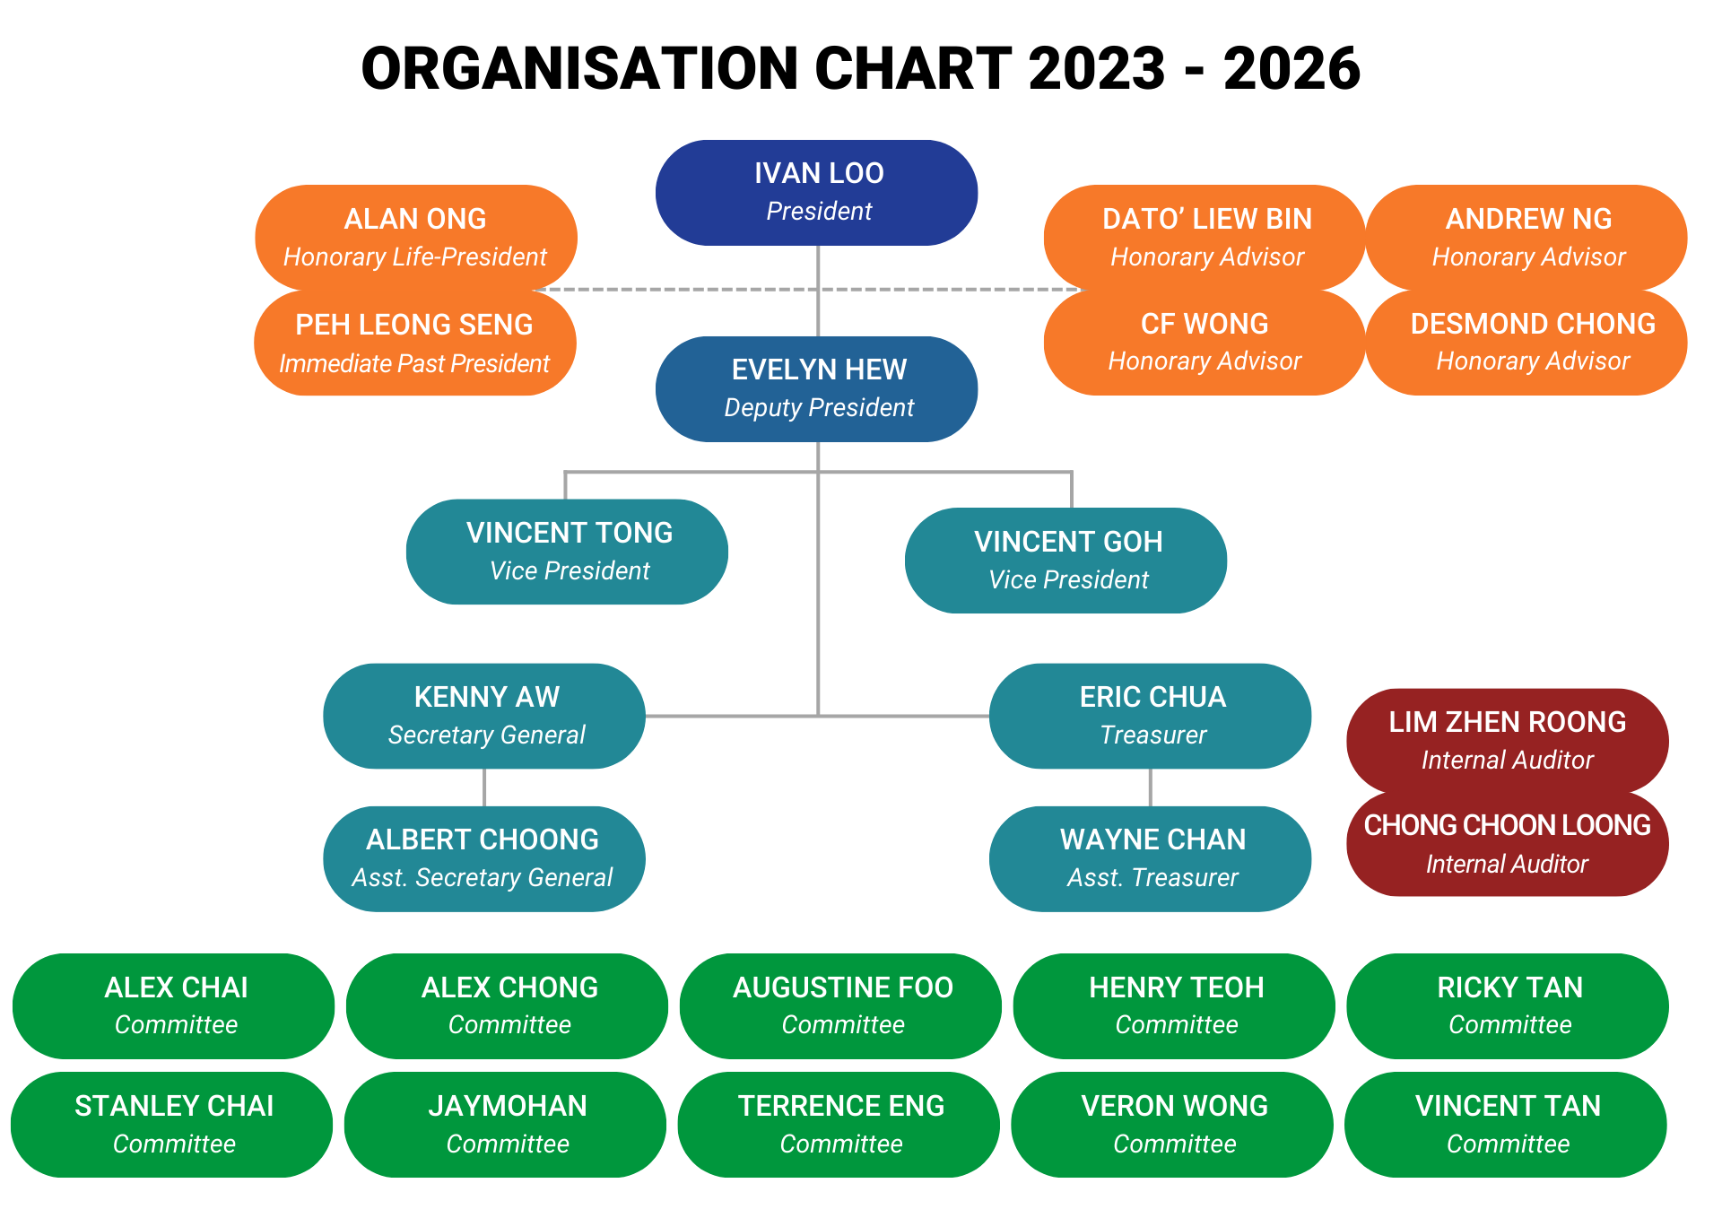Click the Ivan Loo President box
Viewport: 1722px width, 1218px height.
[817, 192]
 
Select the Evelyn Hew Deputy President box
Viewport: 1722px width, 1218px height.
[817, 388]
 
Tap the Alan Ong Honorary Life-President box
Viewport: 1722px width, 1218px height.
[415, 237]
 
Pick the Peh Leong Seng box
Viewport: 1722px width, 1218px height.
[414, 344]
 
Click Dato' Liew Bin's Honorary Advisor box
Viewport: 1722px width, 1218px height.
[1205, 237]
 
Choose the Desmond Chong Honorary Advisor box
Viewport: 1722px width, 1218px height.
[1529, 342]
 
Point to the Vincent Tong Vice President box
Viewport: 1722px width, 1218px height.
[567, 552]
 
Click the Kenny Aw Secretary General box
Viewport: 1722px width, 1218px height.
[484, 716]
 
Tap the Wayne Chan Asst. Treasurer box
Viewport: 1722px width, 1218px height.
[1151, 858]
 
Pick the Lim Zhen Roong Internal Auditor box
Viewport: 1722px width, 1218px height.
[1507, 740]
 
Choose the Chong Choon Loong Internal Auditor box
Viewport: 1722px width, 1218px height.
[1507, 844]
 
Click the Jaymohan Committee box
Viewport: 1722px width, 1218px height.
[506, 1125]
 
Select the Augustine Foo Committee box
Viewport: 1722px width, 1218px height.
[841, 1005]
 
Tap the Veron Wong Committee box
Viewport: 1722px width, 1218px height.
[1173, 1125]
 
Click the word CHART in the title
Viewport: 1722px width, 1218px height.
[913, 68]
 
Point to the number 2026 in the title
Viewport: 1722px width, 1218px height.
[1291, 68]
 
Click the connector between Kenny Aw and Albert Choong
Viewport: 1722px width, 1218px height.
[484, 787]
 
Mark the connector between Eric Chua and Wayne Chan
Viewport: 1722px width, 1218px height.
[1150, 787]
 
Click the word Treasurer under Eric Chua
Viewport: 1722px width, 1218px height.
[1152, 735]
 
